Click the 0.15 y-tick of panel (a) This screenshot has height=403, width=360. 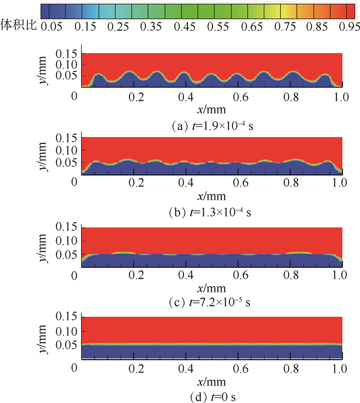coord(68,53)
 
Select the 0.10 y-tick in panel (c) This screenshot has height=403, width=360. coord(68,241)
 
